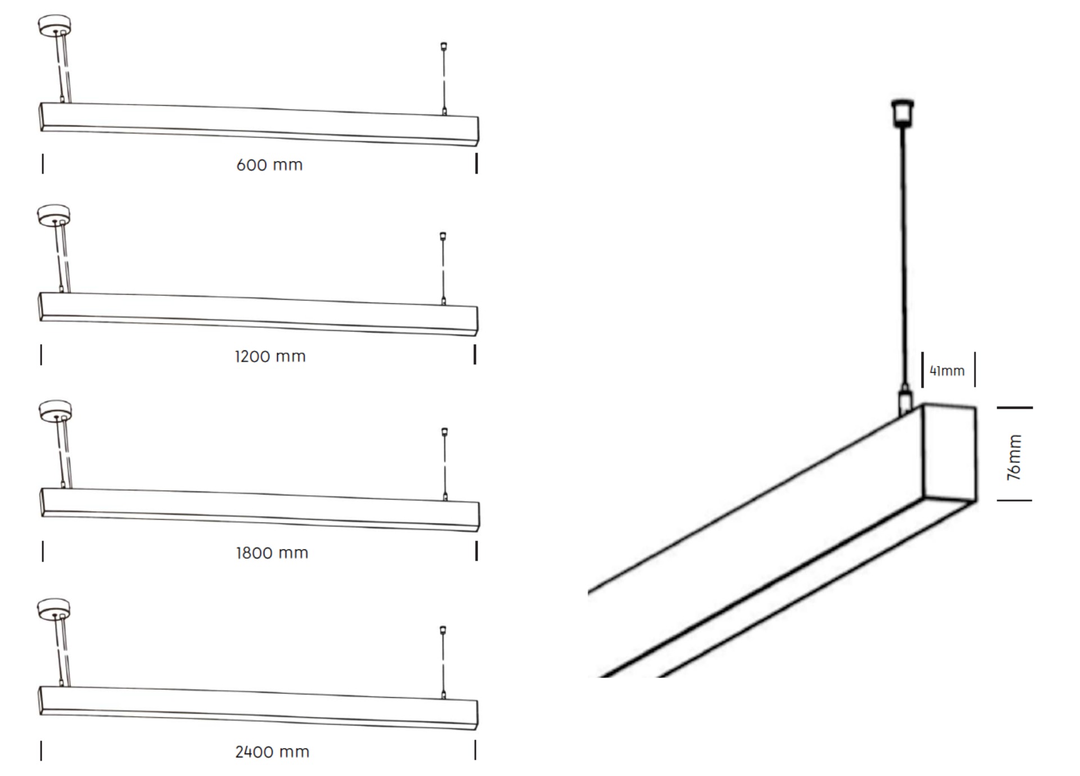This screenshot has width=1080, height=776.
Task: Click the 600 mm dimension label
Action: tap(269, 165)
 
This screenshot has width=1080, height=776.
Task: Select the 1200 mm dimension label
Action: tap(270, 356)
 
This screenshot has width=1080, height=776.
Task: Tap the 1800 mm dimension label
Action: tap(272, 553)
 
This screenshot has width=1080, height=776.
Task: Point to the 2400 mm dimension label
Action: tap(272, 752)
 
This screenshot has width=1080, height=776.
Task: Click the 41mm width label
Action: tap(947, 371)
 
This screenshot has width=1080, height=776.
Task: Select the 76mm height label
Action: tap(1014, 457)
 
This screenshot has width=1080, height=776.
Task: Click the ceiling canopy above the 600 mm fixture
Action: tap(54, 25)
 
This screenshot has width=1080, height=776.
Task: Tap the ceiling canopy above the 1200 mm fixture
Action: tap(53, 214)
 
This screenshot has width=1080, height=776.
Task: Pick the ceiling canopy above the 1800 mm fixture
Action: tap(55, 409)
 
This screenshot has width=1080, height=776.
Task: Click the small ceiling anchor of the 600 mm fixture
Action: tap(444, 46)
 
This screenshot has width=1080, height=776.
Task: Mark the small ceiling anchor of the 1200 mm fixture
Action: tap(443, 236)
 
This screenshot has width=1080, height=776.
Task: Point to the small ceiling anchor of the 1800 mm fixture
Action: tap(444, 431)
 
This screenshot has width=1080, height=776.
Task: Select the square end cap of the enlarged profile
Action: tap(949, 453)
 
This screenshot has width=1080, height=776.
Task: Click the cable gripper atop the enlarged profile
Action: tap(904, 399)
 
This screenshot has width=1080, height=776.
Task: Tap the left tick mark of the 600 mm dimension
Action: tap(43, 164)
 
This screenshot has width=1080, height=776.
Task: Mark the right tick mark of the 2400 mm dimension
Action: tap(475, 750)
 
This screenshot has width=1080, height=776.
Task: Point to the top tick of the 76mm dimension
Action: tap(1014, 408)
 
